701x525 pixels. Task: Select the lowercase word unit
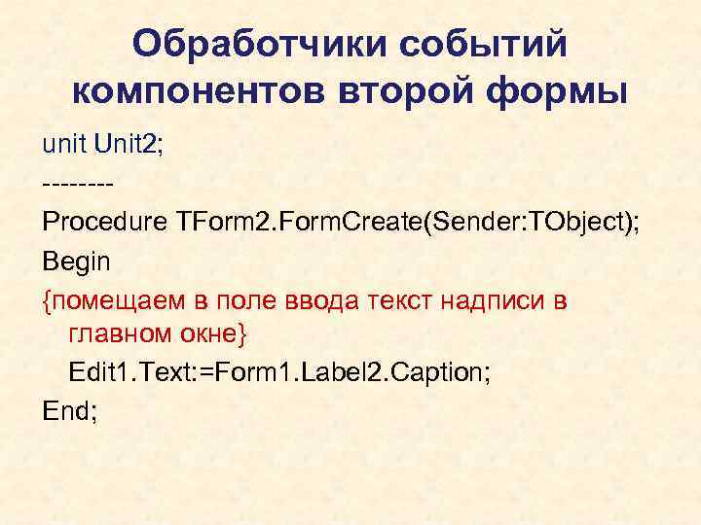pyautogui.click(x=63, y=145)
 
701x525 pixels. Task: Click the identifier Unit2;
pyautogui.click(x=129, y=145)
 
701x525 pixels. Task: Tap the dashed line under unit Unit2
pyautogui.click(x=79, y=183)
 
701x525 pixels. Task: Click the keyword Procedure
pyautogui.click(x=104, y=222)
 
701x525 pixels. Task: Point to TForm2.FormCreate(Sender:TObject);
pyautogui.click(x=408, y=222)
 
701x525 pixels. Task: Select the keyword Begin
pyautogui.click(x=77, y=261)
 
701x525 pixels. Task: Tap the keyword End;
pyautogui.click(x=69, y=412)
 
